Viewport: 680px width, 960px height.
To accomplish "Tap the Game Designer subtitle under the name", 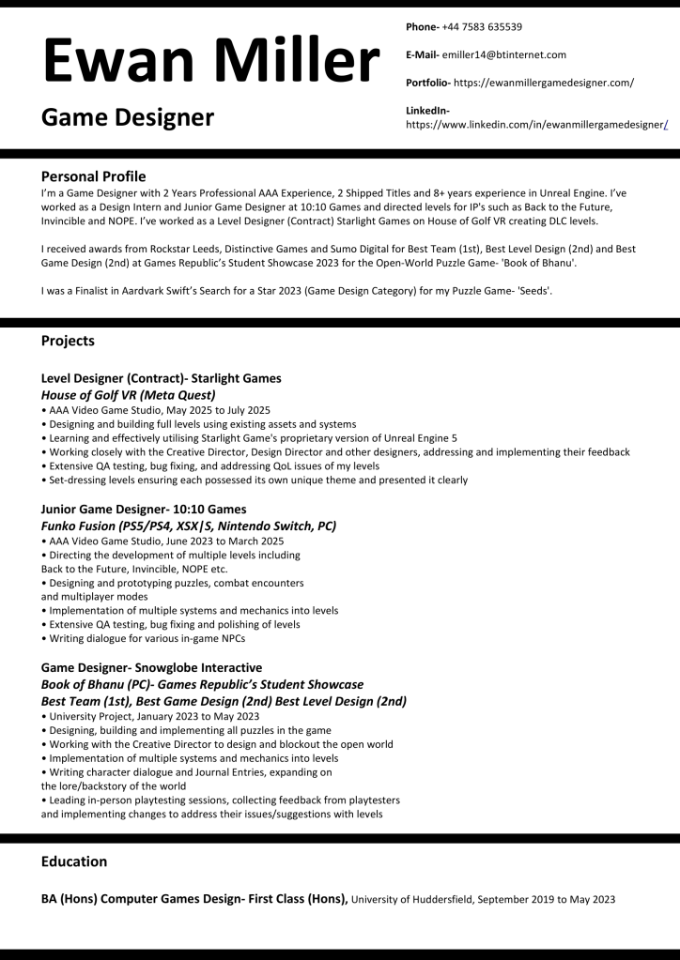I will click(x=128, y=117).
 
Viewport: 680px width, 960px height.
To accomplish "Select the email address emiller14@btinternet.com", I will click(x=504, y=54).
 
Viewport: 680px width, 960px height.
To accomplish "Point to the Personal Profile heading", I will click(x=94, y=175).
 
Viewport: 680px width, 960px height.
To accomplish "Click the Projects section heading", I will click(x=68, y=341).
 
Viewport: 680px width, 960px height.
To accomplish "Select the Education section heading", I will click(x=74, y=861).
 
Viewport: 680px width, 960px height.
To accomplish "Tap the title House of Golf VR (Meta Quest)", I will click(x=129, y=395).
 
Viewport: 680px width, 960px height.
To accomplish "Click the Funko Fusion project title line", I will click(x=189, y=526).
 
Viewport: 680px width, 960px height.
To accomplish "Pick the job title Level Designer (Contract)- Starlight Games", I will click(x=162, y=378).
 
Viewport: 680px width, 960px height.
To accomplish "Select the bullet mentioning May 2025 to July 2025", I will click(x=156, y=410).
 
